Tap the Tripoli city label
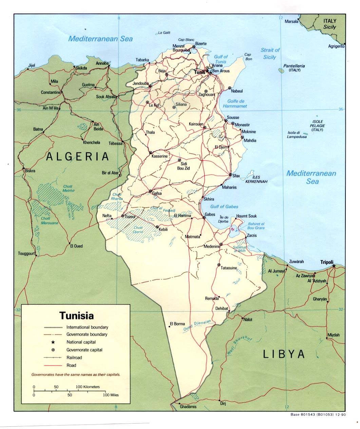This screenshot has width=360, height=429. point(327,262)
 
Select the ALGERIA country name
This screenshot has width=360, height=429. point(78,156)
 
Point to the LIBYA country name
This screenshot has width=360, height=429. point(284,354)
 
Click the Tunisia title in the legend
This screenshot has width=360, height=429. point(77,316)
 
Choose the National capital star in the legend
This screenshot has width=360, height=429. point(53,342)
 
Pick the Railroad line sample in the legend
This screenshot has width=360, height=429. point(53,357)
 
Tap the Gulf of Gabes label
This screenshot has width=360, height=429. point(224,206)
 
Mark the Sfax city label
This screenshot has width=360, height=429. point(236,176)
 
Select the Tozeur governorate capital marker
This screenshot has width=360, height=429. point(123,216)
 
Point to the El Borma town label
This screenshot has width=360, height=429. point(177,324)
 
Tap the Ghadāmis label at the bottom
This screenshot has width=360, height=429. point(188,406)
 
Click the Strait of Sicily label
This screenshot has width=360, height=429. point(270,53)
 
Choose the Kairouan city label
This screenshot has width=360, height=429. point(196,124)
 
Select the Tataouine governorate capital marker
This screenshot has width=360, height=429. point(219,265)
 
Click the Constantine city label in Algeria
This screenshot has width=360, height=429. point(51,92)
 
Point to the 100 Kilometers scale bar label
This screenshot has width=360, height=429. point(88,387)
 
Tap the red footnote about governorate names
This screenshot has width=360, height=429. point(76,375)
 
